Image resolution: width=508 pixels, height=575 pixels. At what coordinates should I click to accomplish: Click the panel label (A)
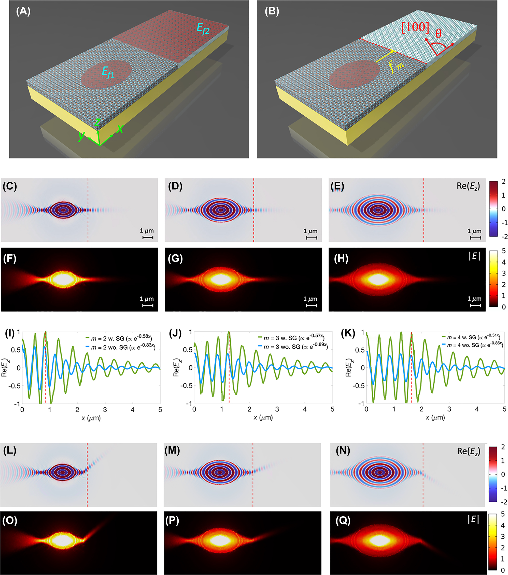(x=23, y=12)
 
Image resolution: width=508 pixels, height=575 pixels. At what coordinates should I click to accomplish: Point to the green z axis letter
(x=97, y=122)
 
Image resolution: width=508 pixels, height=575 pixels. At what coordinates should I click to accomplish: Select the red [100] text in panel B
(x=415, y=27)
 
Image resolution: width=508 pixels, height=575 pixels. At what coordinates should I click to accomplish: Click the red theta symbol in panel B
(x=439, y=34)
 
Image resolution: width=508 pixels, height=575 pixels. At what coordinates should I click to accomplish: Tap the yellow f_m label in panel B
(x=396, y=67)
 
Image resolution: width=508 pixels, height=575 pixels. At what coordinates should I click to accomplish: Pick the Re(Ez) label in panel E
(x=468, y=186)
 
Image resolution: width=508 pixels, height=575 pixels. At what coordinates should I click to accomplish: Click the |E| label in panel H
(x=474, y=256)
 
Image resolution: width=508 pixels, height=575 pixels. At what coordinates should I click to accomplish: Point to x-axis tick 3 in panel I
(x=105, y=410)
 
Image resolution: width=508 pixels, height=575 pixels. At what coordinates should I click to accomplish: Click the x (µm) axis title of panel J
(x=263, y=418)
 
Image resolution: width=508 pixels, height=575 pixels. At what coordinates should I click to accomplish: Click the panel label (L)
(x=10, y=451)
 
